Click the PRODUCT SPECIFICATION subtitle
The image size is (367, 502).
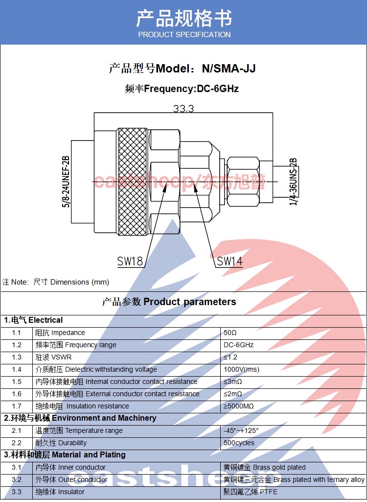184,34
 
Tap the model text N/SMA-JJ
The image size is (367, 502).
229,69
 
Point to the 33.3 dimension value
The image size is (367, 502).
183,109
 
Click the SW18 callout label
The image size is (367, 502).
130,261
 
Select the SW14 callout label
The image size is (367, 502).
229,261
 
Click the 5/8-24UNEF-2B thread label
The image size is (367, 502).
66,181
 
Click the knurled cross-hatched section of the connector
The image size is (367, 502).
132,181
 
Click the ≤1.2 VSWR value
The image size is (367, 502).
230,357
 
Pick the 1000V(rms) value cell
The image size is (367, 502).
242,369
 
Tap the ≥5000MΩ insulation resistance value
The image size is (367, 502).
239,406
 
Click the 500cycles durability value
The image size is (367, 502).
239,443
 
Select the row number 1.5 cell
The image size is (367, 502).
17,382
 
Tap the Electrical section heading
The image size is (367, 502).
33,320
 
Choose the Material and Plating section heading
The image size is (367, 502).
65,455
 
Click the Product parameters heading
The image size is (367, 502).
169,302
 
